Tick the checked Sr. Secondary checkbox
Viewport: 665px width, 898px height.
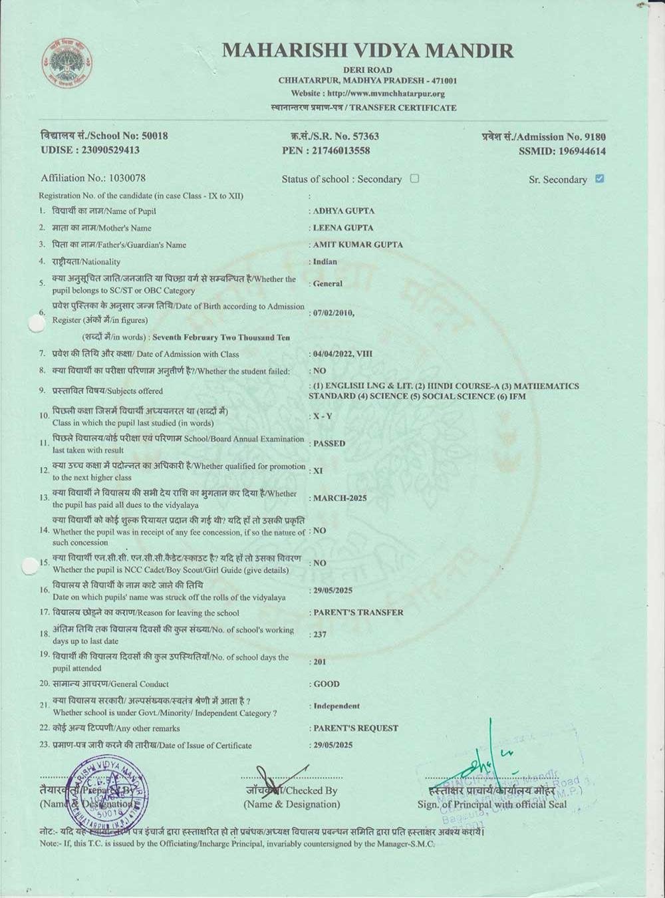pos(600,179)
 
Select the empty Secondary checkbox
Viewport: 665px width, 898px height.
pos(414,178)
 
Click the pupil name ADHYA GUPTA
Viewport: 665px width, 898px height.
pos(344,211)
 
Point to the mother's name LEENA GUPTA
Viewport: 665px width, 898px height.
pos(343,227)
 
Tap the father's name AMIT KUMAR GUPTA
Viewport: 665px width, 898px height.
pos(358,244)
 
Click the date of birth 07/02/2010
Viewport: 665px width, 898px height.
pos(334,313)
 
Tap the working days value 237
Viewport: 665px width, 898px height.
pos(320,635)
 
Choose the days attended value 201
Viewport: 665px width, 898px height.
pos(320,662)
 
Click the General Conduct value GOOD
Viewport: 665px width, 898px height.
pos(327,684)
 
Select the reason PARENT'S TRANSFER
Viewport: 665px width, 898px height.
pos(358,612)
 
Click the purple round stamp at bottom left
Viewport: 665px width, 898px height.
pos(106,793)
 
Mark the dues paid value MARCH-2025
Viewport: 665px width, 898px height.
pos(340,498)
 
